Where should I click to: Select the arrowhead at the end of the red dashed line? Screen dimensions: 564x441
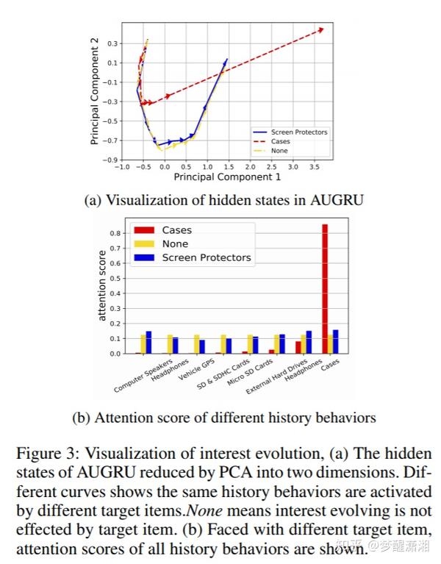[320, 30]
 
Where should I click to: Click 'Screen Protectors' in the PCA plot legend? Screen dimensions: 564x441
[298, 132]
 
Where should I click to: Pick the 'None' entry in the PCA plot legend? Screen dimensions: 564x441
[279, 151]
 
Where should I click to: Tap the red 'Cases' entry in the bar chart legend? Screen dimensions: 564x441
[176, 230]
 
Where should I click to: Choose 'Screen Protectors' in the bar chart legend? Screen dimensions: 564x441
[206, 257]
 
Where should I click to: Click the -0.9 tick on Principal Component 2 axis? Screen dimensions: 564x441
[110, 160]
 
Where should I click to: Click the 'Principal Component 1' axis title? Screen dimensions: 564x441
[227, 177]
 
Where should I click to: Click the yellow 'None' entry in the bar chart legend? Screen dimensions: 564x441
[175, 243]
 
